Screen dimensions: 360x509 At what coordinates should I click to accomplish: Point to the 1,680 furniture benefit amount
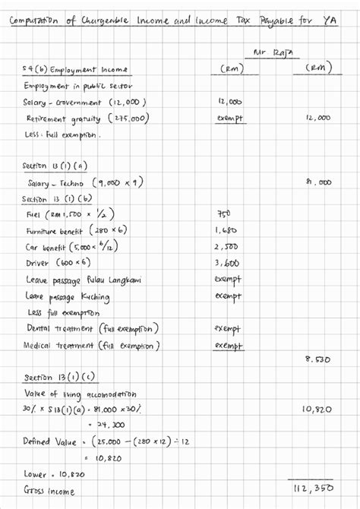tap(227, 230)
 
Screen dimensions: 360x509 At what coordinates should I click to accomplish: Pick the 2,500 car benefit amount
tap(227, 247)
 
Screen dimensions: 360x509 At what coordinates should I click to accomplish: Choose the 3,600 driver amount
tap(227, 264)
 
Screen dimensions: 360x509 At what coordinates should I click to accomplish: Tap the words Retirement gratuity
tap(64, 119)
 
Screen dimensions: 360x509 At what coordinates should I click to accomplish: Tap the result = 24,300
tap(110, 425)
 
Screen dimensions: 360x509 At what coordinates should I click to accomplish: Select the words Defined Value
tap(47, 441)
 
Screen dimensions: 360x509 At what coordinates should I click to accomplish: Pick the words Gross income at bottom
tap(50, 491)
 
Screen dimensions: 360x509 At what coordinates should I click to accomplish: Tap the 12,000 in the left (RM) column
tap(229, 101)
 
